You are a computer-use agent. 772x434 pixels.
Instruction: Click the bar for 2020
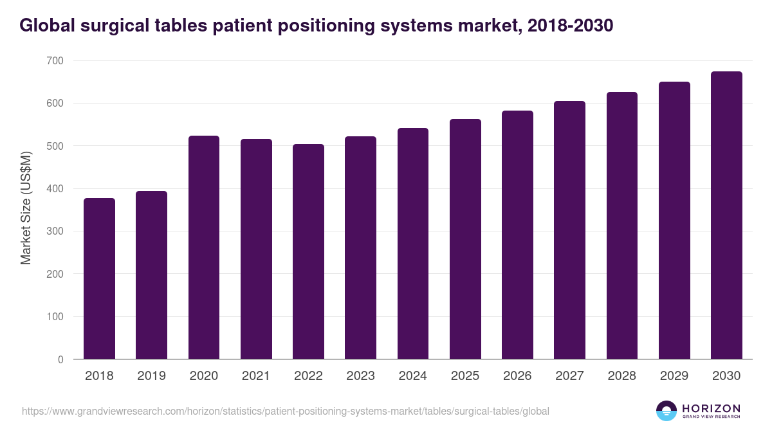click(204, 248)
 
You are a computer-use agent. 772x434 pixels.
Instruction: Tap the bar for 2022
click(308, 251)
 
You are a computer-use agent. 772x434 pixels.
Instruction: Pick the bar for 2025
click(465, 239)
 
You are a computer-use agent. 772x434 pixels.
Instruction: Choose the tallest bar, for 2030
click(726, 215)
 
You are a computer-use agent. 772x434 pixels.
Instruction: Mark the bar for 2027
click(569, 230)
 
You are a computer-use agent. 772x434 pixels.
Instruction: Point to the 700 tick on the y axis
click(55, 60)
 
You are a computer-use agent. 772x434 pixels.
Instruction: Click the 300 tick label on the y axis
click(55, 231)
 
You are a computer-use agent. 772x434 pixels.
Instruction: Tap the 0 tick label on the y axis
click(60, 359)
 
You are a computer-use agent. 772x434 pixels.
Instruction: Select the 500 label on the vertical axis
click(55, 146)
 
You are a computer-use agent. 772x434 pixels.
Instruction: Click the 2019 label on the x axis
click(151, 376)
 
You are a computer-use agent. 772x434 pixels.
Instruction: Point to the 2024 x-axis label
click(412, 376)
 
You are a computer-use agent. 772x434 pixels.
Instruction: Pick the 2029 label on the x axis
click(674, 376)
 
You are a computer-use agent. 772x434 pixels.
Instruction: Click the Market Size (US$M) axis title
click(26, 207)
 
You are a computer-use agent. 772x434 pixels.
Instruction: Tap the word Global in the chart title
click(46, 26)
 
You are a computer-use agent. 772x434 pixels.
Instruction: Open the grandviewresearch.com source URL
click(286, 411)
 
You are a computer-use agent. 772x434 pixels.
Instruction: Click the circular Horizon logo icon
click(666, 411)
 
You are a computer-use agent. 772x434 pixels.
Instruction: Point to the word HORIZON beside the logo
click(711, 408)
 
